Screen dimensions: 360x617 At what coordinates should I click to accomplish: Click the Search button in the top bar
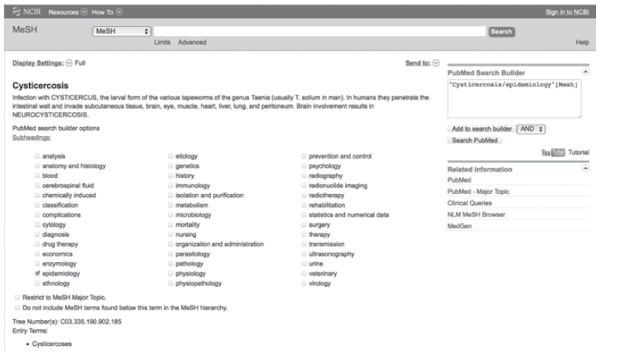coord(501,32)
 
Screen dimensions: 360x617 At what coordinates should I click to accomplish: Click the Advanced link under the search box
coord(190,43)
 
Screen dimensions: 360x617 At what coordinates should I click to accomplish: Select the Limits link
coord(162,43)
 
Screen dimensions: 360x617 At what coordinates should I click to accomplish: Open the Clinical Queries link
coord(467,203)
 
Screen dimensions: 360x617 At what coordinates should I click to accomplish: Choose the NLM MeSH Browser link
coord(473,214)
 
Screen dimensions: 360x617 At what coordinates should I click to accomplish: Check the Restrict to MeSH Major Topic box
coord(18,297)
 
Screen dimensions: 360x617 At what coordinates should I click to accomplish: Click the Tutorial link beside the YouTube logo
coord(579,153)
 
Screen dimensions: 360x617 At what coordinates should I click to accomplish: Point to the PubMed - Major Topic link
coord(478,192)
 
